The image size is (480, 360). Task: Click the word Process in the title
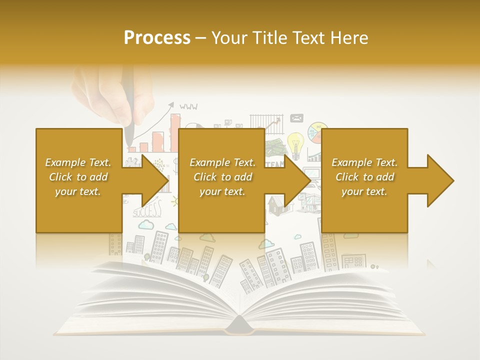(157, 38)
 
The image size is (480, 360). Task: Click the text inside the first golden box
(78, 177)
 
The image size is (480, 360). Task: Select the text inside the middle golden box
(222, 177)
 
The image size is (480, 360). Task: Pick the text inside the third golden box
(364, 177)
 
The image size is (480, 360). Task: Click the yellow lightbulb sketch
(295, 143)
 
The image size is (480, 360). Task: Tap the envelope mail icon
(296, 118)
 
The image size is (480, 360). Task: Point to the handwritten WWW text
(188, 106)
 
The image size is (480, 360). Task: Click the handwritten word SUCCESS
(147, 210)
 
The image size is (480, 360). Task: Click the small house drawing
(276, 205)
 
